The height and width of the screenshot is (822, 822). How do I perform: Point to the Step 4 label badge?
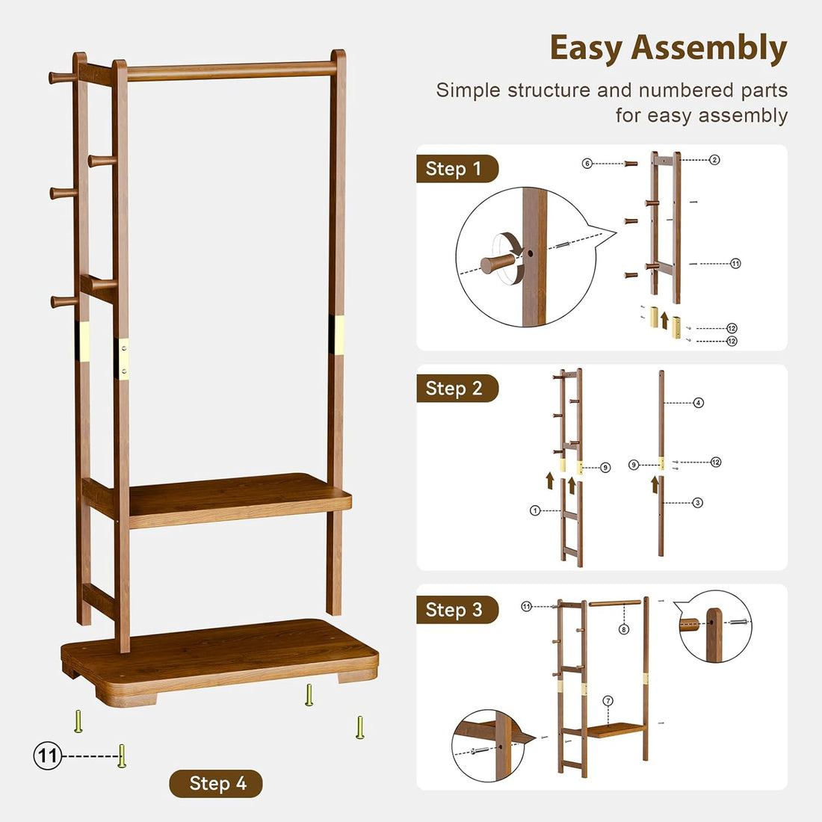coord(217,784)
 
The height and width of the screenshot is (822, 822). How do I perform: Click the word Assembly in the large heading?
coord(709,49)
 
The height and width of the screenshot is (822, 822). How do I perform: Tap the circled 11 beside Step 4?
coord(47,756)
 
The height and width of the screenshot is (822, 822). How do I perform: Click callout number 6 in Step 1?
coord(587,164)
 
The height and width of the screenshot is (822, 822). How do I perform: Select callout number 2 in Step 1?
coord(714,160)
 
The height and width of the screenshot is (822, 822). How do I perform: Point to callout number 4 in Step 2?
coord(698,403)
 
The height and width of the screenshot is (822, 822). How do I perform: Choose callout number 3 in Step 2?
coord(697,503)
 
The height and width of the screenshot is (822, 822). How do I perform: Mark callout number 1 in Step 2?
coord(535,511)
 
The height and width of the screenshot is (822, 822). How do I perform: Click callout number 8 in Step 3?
coord(624,629)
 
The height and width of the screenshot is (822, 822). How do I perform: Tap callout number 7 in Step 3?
coord(608,701)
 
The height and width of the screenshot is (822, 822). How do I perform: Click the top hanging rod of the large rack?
coord(232,71)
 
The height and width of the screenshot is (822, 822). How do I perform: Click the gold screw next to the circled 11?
coord(122,755)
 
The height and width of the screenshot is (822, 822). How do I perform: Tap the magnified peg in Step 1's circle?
coord(498,262)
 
